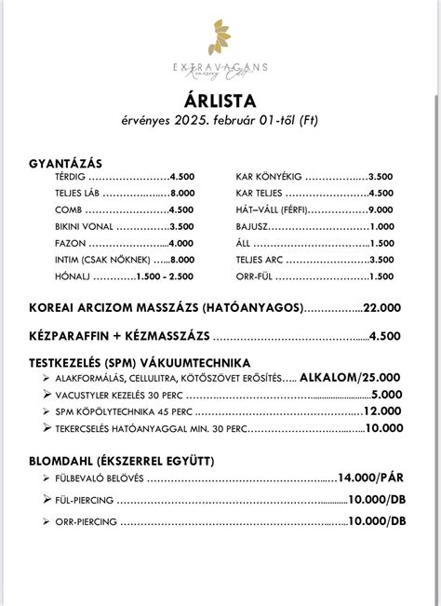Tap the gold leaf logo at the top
pos(220,38)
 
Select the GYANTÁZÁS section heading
pos(67,162)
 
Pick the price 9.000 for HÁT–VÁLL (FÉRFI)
pos(381,209)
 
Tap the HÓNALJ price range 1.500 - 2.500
pos(164,277)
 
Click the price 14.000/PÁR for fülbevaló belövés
pos(372,478)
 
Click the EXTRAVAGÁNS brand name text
pos(220,67)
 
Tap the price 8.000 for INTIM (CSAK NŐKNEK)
pos(181,260)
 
